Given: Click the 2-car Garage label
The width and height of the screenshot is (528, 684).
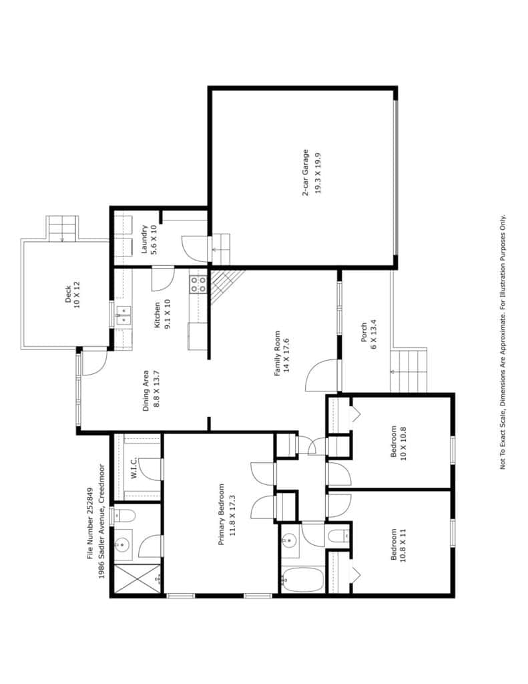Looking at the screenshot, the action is pyautogui.click(x=311, y=173).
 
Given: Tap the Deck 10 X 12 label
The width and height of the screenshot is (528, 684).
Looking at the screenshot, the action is pyautogui.click(x=72, y=295).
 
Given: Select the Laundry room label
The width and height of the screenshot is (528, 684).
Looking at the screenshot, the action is pyautogui.click(x=149, y=240).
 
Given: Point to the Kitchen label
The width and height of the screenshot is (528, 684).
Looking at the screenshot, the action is pyautogui.click(x=162, y=314).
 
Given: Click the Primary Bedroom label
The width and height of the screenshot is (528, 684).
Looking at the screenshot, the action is pyautogui.click(x=226, y=514).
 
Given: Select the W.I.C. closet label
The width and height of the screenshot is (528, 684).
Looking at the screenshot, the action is pyautogui.click(x=134, y=467).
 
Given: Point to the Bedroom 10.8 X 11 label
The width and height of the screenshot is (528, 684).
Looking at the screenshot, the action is pyautogui.click(x=398, y=545).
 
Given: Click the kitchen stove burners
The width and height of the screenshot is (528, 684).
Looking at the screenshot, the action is pyautogui.click(x=198, y=284).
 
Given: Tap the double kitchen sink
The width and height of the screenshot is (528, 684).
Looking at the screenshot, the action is pyautogui.click(x=123, y=315).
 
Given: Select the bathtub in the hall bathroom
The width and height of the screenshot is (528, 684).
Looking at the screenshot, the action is pyautogui.click(x=302, y=580).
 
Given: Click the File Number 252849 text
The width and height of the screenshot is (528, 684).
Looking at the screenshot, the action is pyautogui.click(x=90, y=523).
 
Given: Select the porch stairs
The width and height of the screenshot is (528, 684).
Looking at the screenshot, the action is pyautogui.click(x=409, y=370).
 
